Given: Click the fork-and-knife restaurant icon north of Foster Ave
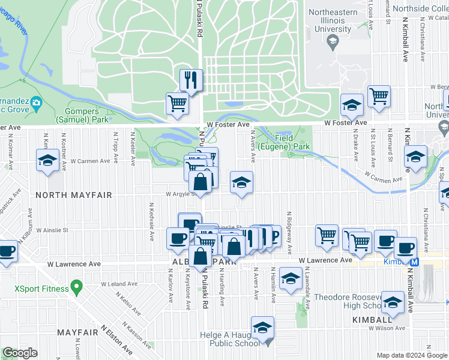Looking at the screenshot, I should pyautogui.click(x=191, y=80).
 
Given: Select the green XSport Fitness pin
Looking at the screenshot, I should pyautogui.click(x=76, y=288).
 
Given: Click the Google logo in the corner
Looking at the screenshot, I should pyautogui.click(x=20, y=353).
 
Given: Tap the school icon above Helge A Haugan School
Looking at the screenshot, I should pyautogui.click(x=262, y=328).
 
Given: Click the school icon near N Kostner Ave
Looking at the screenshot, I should pyautogui.click(x=47, y=161).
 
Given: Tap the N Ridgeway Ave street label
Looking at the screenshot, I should pyautogui.click(x=289, y=232).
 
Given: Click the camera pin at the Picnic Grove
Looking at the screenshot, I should pyautogui.click(x=35, y=103).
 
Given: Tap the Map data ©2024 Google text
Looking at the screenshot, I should pyautogui.click(x=411, y=355).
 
